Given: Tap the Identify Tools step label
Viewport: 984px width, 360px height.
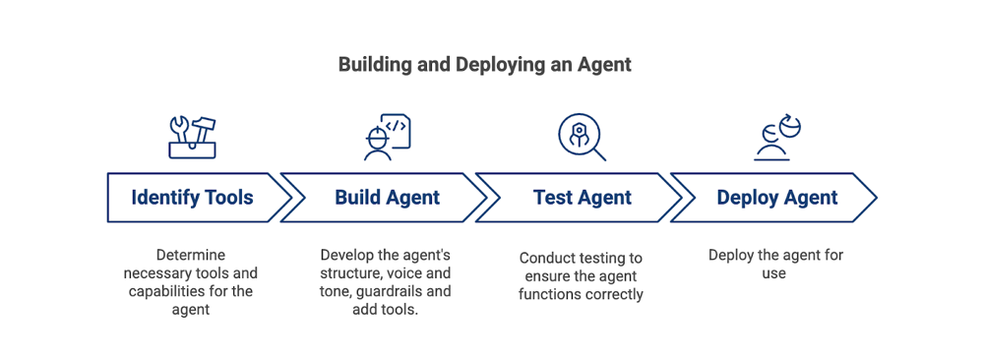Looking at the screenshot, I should [192, 198].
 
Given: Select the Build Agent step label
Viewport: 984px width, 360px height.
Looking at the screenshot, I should [387, 198].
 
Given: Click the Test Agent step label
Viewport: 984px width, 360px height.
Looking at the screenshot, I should [582, 198].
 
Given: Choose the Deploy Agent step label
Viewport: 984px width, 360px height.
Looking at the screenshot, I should [776, 198].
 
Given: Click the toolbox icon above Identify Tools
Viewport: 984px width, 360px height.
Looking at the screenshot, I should [192, 137].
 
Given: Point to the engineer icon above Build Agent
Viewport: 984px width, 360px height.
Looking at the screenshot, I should [386, 137].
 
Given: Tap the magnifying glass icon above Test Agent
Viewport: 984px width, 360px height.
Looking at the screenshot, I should [582, 138].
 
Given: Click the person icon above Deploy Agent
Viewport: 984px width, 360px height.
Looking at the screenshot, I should [776, 138].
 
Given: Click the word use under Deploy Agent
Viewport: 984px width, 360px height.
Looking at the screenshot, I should [774, 273].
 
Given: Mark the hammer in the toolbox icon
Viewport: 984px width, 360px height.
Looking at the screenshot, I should [203, 127].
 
